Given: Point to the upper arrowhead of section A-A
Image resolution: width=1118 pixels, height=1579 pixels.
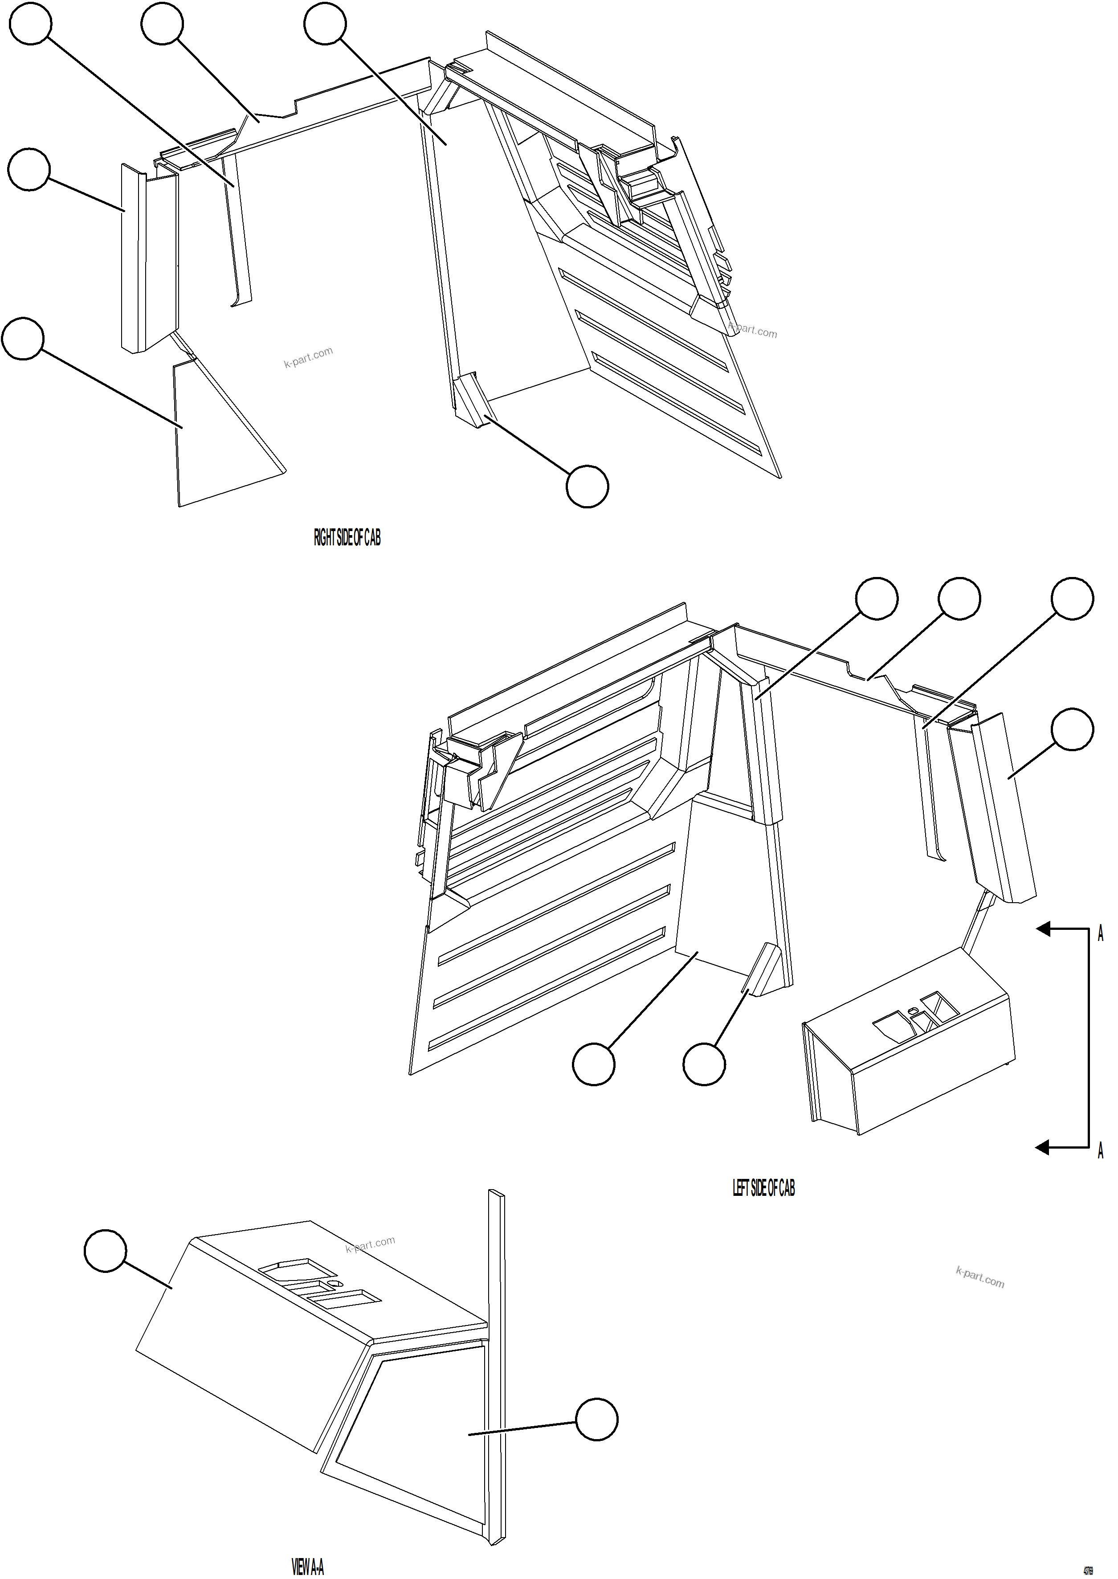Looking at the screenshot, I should click(x=1044, y=930).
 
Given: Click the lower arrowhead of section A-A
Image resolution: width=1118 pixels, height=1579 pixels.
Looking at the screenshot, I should click(x=1044, y=1147).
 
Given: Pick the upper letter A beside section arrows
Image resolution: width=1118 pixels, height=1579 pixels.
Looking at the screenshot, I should click(x=1100, y=934).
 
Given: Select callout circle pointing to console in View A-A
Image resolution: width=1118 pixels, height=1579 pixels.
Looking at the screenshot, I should click(x=105, y=1252).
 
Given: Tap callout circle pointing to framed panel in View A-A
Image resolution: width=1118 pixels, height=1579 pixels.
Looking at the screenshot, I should click(x=596, y=1419).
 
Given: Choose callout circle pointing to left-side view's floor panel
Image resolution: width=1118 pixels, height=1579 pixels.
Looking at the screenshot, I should click(x=593, y=1064).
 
